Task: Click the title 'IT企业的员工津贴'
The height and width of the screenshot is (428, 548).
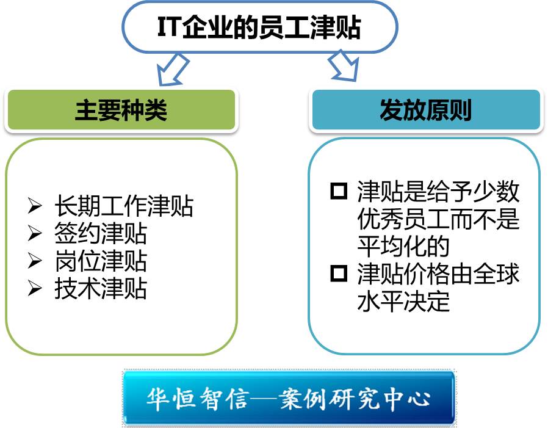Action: (x=259, y=27)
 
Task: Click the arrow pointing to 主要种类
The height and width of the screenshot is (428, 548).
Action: (x=172, y=70)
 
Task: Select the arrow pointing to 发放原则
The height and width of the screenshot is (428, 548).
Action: (x=345, y=66)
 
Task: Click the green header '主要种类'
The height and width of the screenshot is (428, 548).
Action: (x=121, y=110)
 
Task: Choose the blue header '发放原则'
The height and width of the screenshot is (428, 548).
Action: (x=426, y=110)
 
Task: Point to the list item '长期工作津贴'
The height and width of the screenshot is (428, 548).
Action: (x=124, y=206)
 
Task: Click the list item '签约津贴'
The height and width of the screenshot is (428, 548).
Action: (x=101, y=233)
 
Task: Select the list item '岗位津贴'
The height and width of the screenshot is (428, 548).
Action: (x=101, y=261)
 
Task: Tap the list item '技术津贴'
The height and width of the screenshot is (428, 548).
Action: (x=101, y=288)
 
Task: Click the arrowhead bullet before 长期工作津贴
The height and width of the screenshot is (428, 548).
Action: (x=35, y=206)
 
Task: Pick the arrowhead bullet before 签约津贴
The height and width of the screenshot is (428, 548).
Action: (x=35, y=233)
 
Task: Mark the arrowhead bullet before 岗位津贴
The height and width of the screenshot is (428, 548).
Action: (x=35, y=261)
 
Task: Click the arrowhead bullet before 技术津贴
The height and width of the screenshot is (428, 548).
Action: (x=35, y=288)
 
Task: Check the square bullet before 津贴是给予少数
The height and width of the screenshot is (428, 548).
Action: (x=339, y=191)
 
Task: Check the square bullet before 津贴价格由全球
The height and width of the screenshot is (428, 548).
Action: (x=339, y=273)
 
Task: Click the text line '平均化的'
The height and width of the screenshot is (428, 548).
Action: (x=403, y=246)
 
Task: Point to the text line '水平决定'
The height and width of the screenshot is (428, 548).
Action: (x=403, y=301)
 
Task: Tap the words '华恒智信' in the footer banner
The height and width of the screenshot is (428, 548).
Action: (x=198, y=399)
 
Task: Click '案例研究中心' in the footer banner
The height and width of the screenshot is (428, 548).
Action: (x=355, y=399)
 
